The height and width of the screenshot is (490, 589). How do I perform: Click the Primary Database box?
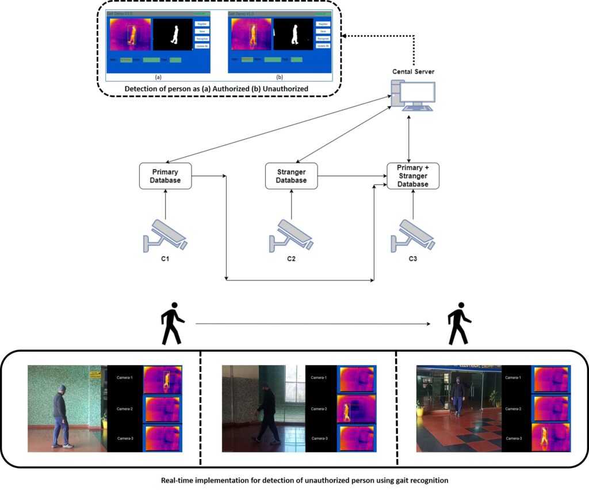pyautogui.click(x=165, y=176)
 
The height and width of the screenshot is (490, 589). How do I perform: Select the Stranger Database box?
pyautogui.click(x=291, y=176)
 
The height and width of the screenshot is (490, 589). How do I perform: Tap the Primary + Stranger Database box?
pyautogui.click(x=412, y=176)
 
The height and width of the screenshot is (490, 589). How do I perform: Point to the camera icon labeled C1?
pyautogui.click(x=165, y=235)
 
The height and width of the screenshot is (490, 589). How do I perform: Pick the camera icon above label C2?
pyautogui.click(x=291, y=235)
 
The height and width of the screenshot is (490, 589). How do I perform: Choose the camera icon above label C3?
pyautogui.click(x=412, y=235)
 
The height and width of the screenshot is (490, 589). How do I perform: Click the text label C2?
pyautogui.click(x=291, y=259)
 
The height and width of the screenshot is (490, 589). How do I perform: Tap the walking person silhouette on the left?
pyautogui.click(x=172, y=324)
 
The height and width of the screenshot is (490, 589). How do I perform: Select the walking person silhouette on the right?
pyautogui.click(x=460, y=324)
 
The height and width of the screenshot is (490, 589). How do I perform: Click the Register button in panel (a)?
pyautogui.click(x=201, y=24)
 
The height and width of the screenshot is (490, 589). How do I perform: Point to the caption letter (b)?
pyautogui.click(x=280, y=76)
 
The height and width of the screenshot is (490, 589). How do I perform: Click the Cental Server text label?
pyautogui.click(x=413, y=71)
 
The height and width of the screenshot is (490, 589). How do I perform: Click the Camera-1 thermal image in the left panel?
pyautogui.click(x=163, y=379)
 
